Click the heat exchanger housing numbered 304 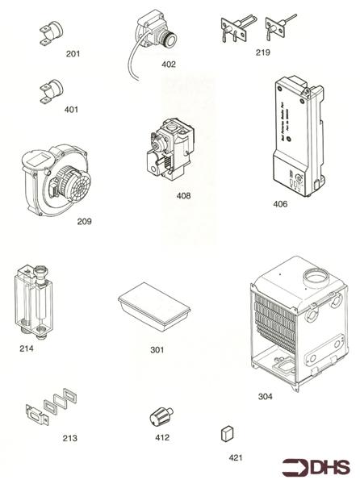(x=299, y=327)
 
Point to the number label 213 (x=70, y=439)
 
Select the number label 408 (x=183, y=195)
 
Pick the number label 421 (x=235, y=457)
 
